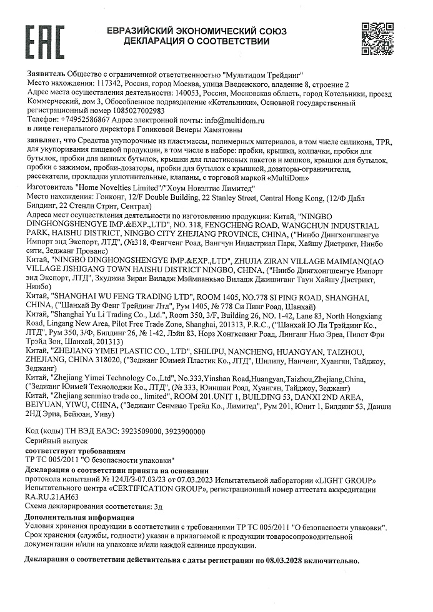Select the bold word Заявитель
tap(46, 74)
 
